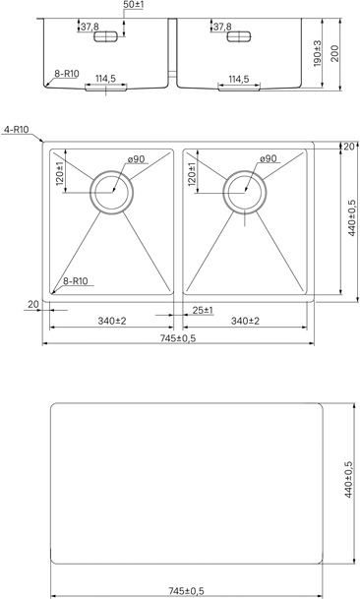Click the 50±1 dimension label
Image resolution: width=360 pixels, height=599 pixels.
(x=134, y=5)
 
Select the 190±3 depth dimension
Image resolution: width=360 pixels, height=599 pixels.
(x=318, y=54)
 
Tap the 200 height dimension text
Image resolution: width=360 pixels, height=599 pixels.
(x=334, y=54)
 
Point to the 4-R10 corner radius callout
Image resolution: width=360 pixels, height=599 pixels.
(x=16, y=130)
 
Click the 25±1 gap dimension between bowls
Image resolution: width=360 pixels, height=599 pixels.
(x=203, y=310)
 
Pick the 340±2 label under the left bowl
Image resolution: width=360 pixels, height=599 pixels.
(x=111, y=321)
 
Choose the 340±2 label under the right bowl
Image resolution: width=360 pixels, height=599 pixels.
(x=245, y=321)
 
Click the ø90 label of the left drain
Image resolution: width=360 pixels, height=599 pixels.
(x=136, y=159)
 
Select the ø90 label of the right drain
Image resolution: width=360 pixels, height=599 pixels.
(x=268, y=158)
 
